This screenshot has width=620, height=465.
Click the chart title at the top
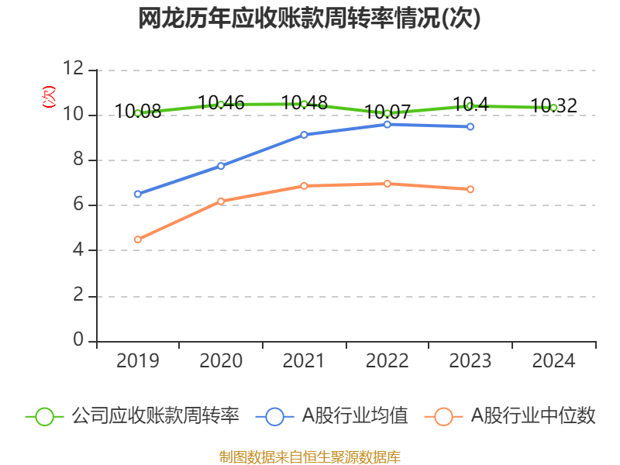[310, 19]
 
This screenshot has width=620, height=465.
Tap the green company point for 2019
[138, 113]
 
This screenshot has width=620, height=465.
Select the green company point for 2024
[553, 108]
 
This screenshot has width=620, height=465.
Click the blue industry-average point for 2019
[138, 194]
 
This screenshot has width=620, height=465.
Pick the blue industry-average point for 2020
[221, 166]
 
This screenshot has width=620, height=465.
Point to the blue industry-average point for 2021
[304, 135]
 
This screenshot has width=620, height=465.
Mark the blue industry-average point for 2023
[470, 126]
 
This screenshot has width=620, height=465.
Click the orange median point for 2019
[138, 239]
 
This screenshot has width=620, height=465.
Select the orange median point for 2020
[221, 201]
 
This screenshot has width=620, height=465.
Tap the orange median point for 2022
[387, 184]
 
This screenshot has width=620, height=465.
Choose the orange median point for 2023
[470, 189]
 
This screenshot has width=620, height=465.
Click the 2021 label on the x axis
[304, 361]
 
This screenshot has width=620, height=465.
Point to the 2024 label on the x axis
[553, 361]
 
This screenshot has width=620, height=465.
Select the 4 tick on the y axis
[78, 250]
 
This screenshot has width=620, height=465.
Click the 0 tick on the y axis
[78, 341]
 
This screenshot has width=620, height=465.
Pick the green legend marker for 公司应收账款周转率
[45, 416]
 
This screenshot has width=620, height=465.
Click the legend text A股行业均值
[355, 416]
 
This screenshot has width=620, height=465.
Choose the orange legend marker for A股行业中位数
[443, 416]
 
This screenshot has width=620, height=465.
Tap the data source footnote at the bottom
[310, 456]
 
